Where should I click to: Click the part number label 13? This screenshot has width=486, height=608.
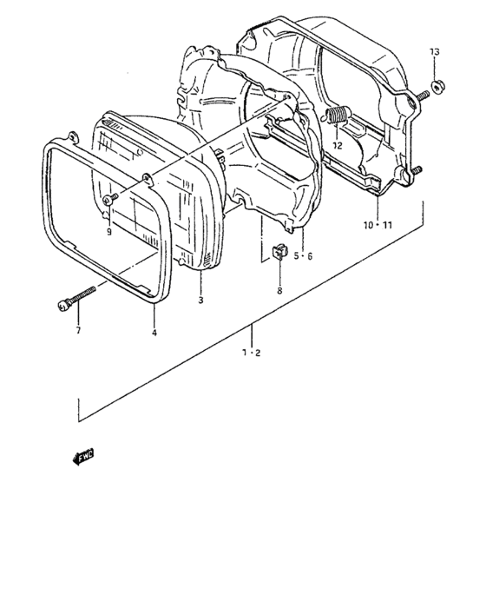(x=435, y=51)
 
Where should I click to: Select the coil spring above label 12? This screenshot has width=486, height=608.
(x=338, y=115)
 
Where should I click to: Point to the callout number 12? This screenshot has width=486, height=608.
(x=338, y=146)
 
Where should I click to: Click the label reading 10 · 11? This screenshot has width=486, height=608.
(x=378, y=225)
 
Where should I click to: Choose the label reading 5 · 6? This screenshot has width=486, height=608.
(x=303, y=256)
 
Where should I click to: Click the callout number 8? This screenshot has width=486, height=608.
(x=279, y=290)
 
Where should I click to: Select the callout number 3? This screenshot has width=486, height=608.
(x=200, y=300)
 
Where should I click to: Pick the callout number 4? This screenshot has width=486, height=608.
(x=154, y=333)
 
